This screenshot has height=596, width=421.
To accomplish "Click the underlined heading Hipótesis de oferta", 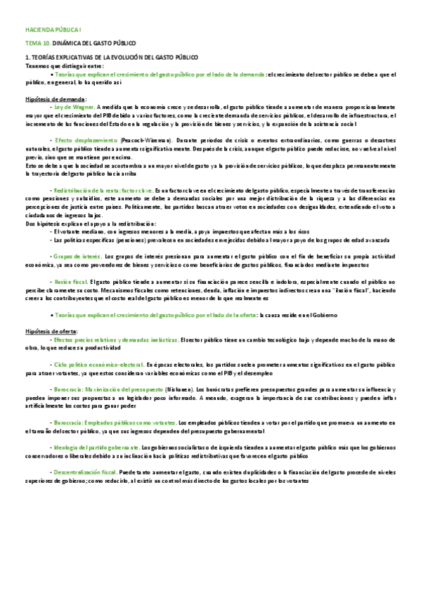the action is tap(51, 330).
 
